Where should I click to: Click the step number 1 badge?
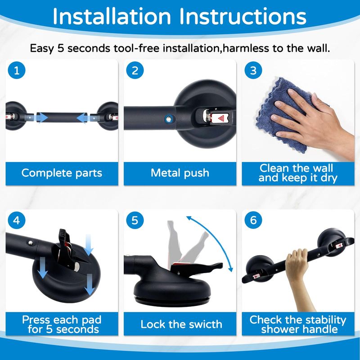[17, 70]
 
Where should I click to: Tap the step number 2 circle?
[135, 70]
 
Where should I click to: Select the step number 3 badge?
[253, 70]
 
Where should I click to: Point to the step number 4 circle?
[17, 220]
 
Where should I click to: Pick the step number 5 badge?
[135, 220]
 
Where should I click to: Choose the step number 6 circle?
[253, 220]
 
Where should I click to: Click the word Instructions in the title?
[243, 17]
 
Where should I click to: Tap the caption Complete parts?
[62, 173]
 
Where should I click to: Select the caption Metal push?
[180, 173]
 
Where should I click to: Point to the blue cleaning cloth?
[283, 115]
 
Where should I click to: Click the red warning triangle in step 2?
[221, 118]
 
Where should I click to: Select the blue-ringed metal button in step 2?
[169, 119]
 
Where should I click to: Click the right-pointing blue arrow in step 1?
[41, 118]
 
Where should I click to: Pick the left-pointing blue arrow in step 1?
[82, 118]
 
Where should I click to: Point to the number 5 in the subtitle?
[60, 49]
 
